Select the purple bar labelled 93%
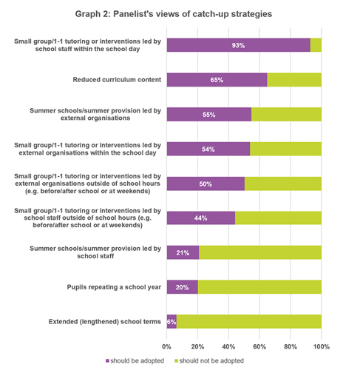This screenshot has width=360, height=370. (239, 45)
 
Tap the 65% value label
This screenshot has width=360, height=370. (217, 80)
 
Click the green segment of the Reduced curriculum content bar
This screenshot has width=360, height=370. (294, 80)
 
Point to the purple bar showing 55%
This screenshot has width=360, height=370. (209, 115)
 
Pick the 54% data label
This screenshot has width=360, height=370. (208, 149)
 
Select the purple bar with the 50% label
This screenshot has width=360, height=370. (206, 184)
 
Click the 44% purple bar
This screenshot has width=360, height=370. (201, 218)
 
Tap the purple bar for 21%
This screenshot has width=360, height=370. (183, 252)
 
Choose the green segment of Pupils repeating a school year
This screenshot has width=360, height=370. (259, 287)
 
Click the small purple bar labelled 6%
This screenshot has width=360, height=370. (171, 322)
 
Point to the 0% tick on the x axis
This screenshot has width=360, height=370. (166, 347)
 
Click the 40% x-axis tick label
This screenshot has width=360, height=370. (228, 347)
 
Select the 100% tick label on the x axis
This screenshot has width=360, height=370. (322, 347)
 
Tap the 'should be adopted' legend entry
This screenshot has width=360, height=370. (135, 361)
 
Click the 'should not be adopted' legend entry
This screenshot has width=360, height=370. (209, 361)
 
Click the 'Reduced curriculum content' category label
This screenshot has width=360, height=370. (117, 80)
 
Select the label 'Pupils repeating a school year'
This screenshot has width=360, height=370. (114, 287)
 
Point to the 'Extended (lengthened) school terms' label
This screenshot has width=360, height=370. (105, 322)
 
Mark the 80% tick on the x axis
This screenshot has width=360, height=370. (291, 347)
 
